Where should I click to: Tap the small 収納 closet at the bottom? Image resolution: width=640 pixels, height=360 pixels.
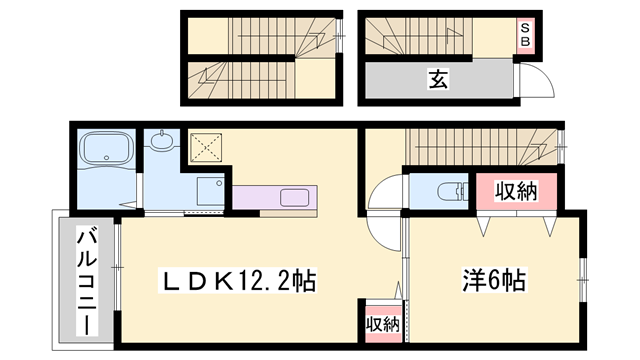380,323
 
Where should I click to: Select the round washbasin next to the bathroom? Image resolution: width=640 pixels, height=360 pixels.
160,142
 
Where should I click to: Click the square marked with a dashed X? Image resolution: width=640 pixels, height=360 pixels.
205,150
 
